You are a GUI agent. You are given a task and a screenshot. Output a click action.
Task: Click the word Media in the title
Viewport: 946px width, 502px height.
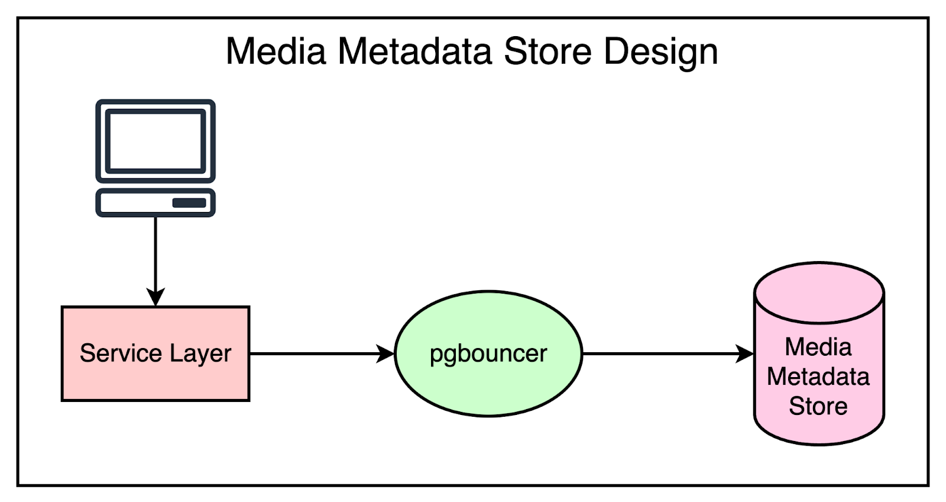pyautogui.click(x=276, y=51)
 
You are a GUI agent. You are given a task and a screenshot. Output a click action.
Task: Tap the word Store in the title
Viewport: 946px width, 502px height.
pyautogui.click(x=547, y=51)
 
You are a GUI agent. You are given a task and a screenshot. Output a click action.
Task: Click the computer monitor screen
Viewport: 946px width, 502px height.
pyautogui.click(x=155, y=141)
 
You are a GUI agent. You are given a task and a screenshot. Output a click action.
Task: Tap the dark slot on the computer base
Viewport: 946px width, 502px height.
pyautogui.click(x=189, y=203)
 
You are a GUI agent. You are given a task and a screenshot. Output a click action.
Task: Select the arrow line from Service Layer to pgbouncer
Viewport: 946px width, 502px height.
pyautogui.click(x=313, y=354)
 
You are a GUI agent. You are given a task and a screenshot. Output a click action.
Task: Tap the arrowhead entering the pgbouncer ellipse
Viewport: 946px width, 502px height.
pyautogui.click(x=386, y=354)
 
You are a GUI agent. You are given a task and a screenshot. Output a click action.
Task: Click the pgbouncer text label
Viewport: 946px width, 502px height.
pyautogui.click(x=488, y=354)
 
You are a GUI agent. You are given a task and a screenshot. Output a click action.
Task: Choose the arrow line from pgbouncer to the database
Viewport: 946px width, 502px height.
pyautogui.click(x=656, y=354)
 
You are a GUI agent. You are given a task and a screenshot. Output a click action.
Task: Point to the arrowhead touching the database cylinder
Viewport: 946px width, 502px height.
pyautogui.click(x=746, y=354)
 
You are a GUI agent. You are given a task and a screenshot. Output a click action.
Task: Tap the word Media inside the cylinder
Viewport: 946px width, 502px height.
pyautogui.click(x=818, y=347)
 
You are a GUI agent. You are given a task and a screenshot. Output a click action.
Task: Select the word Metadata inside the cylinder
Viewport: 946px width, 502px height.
pyautogui.click(x=818, y=376)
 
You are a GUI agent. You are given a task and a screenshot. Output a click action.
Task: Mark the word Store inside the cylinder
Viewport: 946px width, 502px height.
pyautogui.click(x=818, y=406)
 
